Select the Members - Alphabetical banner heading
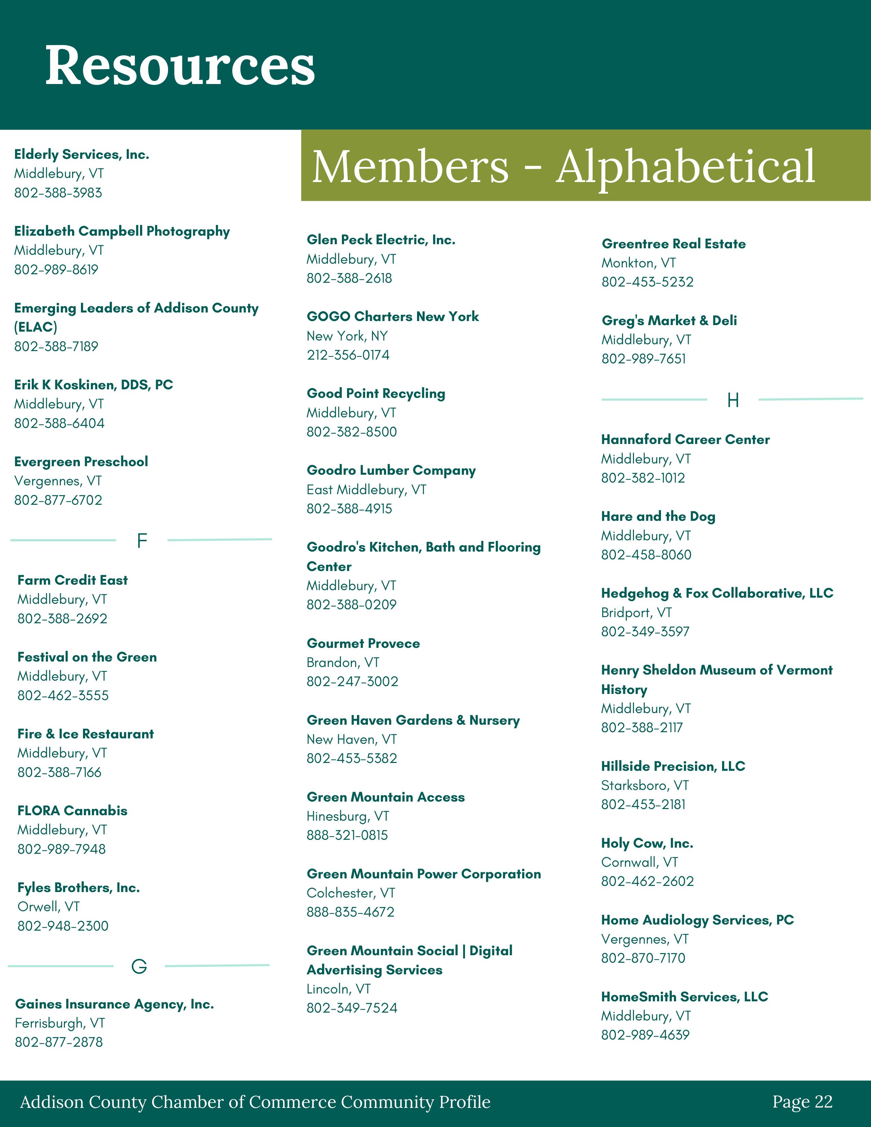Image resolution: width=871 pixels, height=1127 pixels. tap(564, 166)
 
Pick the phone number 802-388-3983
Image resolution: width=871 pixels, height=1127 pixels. tap(58, 193)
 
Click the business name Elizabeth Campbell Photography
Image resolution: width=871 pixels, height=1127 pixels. tap(122, 231)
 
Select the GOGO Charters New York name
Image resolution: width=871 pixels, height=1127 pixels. tap(393, 316)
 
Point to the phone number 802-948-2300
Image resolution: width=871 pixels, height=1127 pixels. tap(63, 926)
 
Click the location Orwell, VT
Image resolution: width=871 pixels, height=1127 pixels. tap(49, 907)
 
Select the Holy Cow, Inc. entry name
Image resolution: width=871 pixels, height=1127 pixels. tap(647, 843)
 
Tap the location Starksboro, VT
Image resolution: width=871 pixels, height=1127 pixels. tap(645, 785)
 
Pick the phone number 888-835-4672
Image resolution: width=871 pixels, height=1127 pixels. tap(350, 912)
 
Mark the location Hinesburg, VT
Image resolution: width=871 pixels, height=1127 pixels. tap(348, 816)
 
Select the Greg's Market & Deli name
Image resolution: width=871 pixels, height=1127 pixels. tap(669, 320)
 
